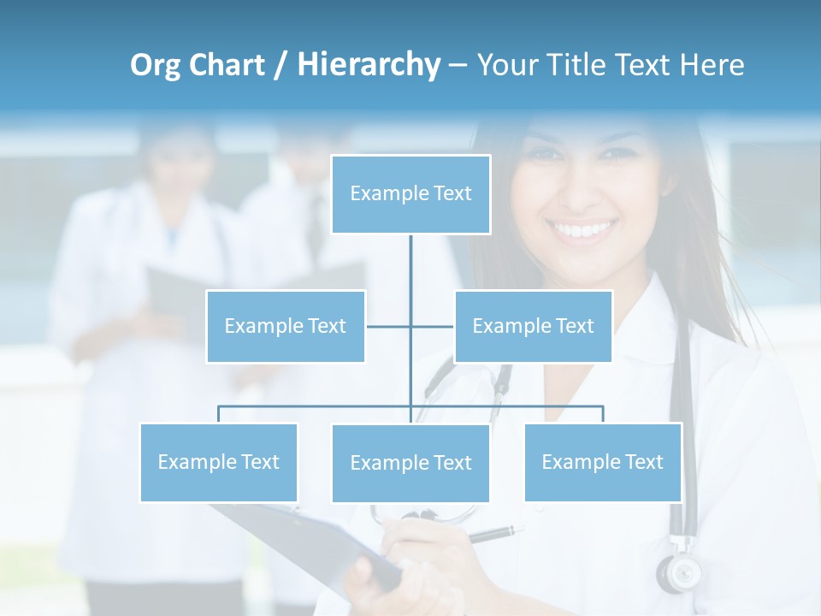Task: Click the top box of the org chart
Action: (410, 194)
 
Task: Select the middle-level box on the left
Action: (286, 326)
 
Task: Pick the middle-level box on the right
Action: (533, 326)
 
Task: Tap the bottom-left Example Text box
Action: (219, 462)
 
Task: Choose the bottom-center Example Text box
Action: (410, 464)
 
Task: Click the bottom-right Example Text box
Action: (602, 462)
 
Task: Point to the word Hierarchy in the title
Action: (368, 65)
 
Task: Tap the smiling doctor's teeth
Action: (582, 230)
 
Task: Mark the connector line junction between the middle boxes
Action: (410, 326)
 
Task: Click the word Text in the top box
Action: (452, 194)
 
